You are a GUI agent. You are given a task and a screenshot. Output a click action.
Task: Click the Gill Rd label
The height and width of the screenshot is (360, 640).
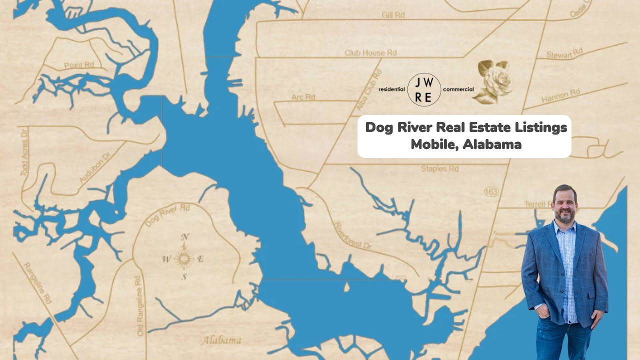tap(392, 15)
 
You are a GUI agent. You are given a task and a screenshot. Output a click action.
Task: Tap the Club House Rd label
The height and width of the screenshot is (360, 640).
tap(370, 53)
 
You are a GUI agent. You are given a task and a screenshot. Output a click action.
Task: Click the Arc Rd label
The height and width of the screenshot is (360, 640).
tap(303, 97)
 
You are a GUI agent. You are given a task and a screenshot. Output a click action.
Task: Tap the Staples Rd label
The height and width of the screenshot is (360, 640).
tap(439, 169)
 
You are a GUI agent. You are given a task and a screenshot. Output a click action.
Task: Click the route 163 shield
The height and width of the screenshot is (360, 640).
tap(490, 191)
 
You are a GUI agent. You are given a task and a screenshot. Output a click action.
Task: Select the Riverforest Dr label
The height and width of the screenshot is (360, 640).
tap(352, 235)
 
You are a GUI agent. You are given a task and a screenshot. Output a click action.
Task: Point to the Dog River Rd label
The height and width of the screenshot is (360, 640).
tap(167, 215)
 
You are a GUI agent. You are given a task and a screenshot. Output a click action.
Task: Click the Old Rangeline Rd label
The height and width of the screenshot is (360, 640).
tap(139, 305)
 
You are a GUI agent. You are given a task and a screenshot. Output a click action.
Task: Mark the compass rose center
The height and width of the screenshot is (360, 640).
tap(184, 258)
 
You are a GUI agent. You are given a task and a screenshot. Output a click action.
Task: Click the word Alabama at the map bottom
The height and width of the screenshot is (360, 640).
tap(221, 341)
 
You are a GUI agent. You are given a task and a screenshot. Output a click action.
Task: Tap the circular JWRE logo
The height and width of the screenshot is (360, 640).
tap(424, 89)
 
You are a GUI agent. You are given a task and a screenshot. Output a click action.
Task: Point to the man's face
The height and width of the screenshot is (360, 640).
tap(565, 204)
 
